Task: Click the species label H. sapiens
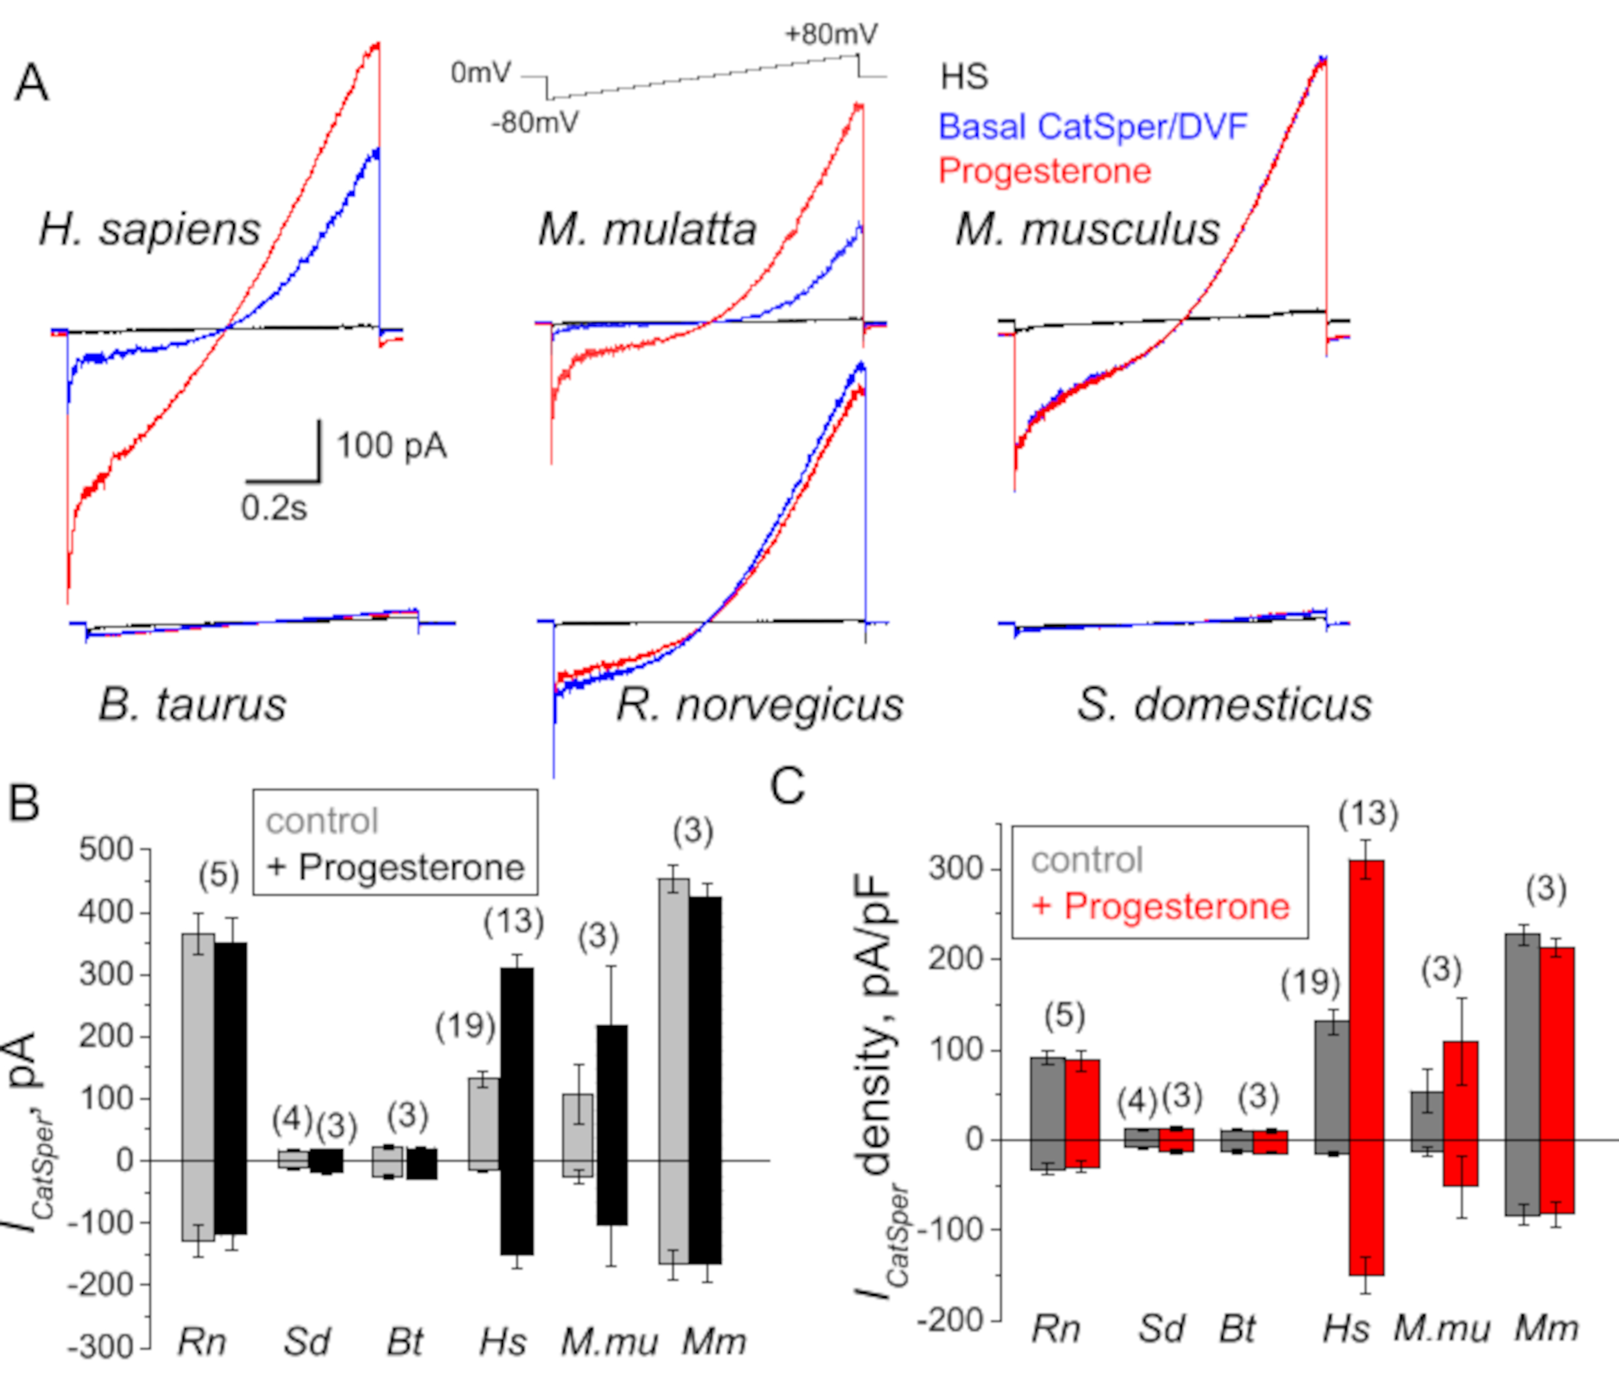pyautogui.click(x=150, y=230)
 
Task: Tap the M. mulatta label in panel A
pyautogui.click(x=647, y=230)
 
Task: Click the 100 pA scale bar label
pyautogui.click(x=391, y=446)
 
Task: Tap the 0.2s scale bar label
pyautogui.click(x=274, y=509)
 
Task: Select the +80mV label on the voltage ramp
pyautogui.click(x=832, y=35)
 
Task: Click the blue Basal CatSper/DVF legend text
pyautogui.click(x=1092, y=127)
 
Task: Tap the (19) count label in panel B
pyautogui.click(x=466, y=1027)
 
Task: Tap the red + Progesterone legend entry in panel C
pyautogui.click(x=1160, y=907)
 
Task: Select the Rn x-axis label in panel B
pyautogui.click(x=202, y=1342)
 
